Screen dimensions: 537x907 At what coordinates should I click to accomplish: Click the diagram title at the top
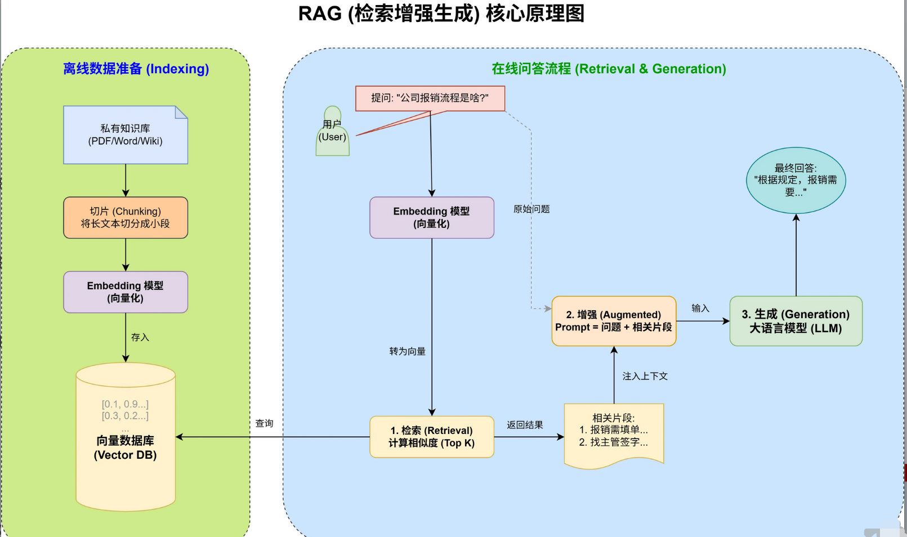tap(441, 14)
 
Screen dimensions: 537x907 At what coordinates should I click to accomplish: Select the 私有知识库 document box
tap(126, 135)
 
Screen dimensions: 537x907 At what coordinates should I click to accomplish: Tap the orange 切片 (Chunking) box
tap(126, 217)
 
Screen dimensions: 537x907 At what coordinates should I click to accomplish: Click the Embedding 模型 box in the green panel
tap(126, 292)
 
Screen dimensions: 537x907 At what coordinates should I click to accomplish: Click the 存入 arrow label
tap(140, 337)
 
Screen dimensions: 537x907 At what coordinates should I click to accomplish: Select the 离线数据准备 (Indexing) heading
tap(136, 69)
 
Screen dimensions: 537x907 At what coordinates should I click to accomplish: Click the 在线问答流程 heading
tap(609, 69)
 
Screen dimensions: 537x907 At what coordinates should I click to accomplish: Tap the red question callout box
tap(430, 98)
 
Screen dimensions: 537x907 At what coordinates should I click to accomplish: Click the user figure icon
tap(332, 132)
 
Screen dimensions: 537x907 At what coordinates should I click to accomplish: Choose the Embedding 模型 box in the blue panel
tap(432, 217)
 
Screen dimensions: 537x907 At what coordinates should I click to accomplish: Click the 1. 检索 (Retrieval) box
tap(432, 437)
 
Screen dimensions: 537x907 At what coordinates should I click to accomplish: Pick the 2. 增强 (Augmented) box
tap(614, 321)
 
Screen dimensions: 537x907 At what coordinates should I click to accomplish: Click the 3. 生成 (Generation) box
tap(796, 321)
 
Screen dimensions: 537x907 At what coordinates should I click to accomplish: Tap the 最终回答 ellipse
tap(796, 180)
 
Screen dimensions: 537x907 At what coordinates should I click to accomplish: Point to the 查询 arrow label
tap(264, 423)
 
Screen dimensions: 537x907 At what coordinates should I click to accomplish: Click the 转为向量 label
tap(407, 351)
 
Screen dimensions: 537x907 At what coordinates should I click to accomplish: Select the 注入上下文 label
tap(645, 376)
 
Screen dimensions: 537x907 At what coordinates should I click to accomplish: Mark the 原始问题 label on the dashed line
tap(531, 209)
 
